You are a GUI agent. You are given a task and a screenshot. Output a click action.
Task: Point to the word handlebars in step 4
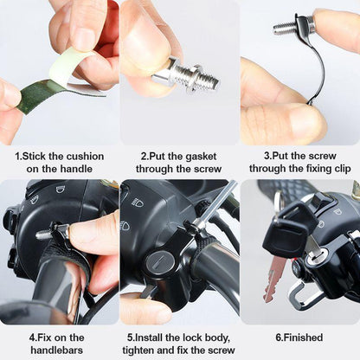(60, 349)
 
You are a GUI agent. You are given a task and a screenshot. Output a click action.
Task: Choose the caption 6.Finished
(299, 337)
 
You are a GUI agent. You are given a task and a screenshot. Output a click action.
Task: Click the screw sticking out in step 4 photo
(45, 233)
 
